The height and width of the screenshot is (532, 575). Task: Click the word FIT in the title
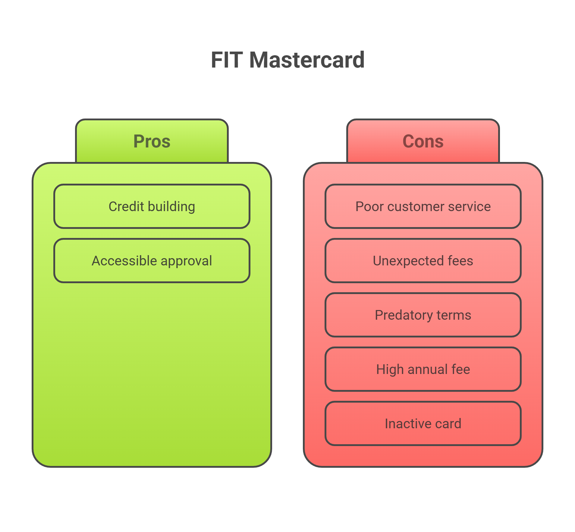[x=227, y=60]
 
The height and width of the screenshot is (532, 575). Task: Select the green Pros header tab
[x=152, y=141]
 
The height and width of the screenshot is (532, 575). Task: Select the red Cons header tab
[x=423, y=141]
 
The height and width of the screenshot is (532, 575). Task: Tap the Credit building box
[x=152, y=206]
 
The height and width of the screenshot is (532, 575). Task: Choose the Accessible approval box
[x=152, y=261]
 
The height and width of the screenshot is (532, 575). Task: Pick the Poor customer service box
[x=423, y=206]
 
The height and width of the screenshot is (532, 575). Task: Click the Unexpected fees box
[x=423, y=261]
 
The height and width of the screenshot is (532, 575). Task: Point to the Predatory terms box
[x=423, y=315]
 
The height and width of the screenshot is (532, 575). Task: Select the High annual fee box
[x=423, y=369]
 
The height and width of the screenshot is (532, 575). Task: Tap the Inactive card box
[x=423, y=423]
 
